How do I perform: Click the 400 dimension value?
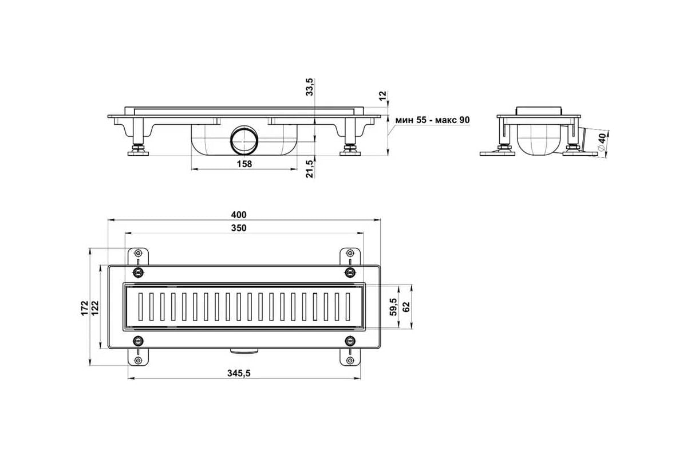[x=239, y=215]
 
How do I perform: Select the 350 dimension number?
[x=239, y=228]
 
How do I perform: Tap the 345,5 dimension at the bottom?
[x=239, y=373]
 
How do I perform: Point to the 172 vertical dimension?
[x=85, y=307]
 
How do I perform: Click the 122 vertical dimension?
[x=96, y=307]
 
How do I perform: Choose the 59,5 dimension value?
[x=393, y=307]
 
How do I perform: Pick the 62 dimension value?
[x=406, y=307]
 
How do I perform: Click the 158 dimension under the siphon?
[x=244, y=164]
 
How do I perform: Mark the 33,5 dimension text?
[x=310, y=87]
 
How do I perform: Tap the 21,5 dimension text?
[x=310, y=169]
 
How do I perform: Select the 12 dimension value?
[x=382, y=96]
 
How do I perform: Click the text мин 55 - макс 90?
[x=432, y=120]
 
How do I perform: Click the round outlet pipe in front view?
[x=244, y=141]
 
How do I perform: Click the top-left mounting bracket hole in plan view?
[x=139, y=253]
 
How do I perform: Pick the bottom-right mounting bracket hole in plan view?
[x=350, y=361]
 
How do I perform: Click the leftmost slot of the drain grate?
[x=140, y=307]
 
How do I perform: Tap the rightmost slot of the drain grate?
[x=348, y=307]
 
